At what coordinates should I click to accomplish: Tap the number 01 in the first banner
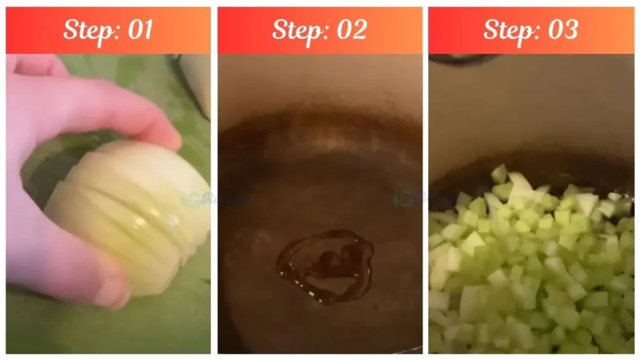click(x=139, y=29)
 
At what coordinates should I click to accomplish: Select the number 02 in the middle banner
click(x=351, y=29)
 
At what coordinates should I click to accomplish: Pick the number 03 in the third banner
click(x=562, y=29)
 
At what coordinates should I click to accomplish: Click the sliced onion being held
click(x=131, y=212)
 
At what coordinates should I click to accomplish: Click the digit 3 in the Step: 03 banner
click(x=570, y=29)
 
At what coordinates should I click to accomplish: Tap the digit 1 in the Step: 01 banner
click(x=147, y=29)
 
